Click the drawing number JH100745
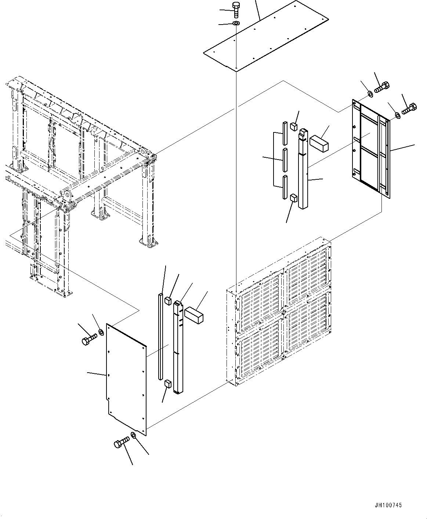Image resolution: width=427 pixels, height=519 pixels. tap(388, 505)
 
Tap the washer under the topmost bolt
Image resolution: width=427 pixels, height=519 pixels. tap(236, 24)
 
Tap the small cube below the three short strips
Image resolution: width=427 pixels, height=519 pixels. tap(293, 198)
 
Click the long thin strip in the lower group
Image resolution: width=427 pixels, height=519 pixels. tap(160, 336)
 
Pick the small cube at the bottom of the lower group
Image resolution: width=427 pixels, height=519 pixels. tap(168, 384)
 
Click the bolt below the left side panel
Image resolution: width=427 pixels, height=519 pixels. tap(122, 442)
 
